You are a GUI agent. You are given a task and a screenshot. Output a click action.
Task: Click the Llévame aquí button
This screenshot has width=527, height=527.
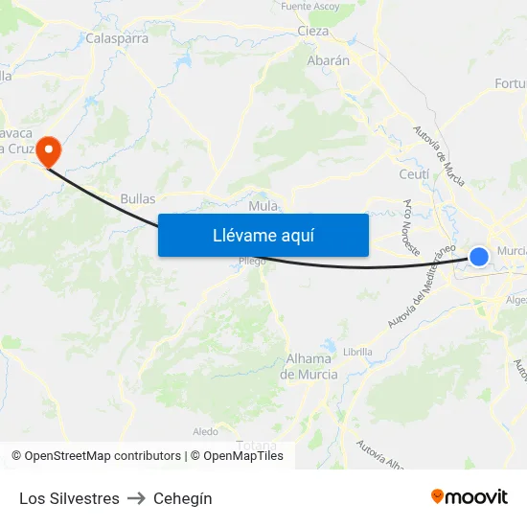coord(263,235)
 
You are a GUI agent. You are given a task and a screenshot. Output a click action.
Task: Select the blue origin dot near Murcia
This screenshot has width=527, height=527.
coord(479,256)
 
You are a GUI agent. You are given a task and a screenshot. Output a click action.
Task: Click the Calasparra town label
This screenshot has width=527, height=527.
coord(115,39)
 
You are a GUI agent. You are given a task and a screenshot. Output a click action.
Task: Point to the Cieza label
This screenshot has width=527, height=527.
coord(313,31)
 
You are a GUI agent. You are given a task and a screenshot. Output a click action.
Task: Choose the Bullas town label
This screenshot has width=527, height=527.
coord(138,199)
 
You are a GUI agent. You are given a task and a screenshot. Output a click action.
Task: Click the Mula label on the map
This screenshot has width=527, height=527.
coord(263,206)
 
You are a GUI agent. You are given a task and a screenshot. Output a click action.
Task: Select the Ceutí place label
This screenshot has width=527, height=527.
coord(414,174)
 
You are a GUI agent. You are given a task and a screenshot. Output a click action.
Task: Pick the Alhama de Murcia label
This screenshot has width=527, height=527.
coord(309,367)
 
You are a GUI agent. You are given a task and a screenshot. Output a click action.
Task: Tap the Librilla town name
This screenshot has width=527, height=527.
coord(357,352)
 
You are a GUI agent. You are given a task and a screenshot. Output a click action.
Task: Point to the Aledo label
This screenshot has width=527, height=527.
coord(206,432)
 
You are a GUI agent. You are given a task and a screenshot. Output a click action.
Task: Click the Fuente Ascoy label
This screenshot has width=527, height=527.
coord(310,6)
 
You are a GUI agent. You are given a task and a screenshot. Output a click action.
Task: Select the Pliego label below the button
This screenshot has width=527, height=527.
coord(253,261)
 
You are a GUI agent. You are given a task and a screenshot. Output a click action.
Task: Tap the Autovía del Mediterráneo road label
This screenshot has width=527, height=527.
coord(423,286)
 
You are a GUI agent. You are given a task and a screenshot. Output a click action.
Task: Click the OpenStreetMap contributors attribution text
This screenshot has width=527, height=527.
coord(103,456)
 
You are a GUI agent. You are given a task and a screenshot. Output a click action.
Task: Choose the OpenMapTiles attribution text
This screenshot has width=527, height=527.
coord(243,456)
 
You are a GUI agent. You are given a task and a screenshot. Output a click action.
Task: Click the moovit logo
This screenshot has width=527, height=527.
coord(469,496)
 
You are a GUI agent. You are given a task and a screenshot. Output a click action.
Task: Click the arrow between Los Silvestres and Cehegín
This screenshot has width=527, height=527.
coord(136,498)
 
